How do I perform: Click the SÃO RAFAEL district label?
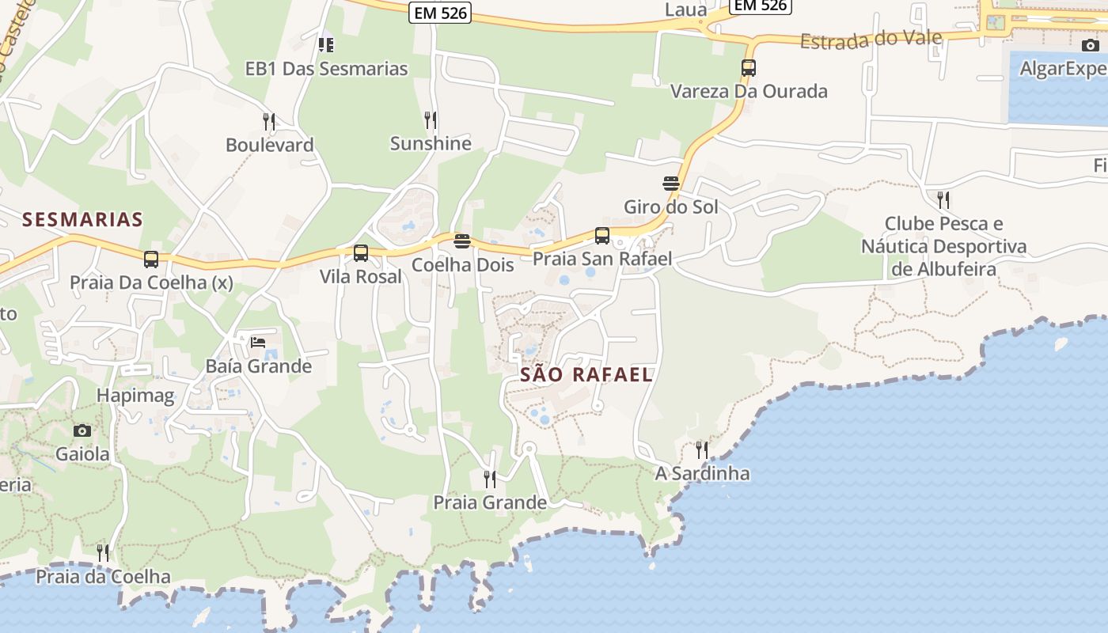586,375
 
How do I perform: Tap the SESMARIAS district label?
82,219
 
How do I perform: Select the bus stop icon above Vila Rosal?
361,253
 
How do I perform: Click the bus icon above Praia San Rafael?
602,235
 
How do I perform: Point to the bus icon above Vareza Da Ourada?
749,68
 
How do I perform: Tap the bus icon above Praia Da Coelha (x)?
151,259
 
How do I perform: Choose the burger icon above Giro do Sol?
671,184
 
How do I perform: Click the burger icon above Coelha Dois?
462,241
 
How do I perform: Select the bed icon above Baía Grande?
258,343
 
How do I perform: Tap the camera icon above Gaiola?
82,431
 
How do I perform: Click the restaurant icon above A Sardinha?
702,450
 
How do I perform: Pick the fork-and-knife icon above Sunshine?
431,120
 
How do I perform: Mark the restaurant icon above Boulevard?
269,122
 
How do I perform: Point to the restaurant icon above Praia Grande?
490,479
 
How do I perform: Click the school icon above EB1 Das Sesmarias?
326,45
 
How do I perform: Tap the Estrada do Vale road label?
871,40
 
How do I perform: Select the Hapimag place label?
135,396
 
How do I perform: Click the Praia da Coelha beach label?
104,576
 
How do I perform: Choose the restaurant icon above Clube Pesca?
943,199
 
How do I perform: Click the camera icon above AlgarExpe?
1091,45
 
